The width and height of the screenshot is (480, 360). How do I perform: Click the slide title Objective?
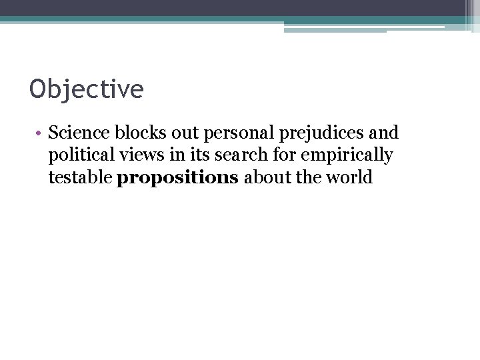87,89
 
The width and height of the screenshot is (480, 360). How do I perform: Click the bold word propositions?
177,179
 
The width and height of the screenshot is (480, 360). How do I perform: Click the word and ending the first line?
383,132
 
